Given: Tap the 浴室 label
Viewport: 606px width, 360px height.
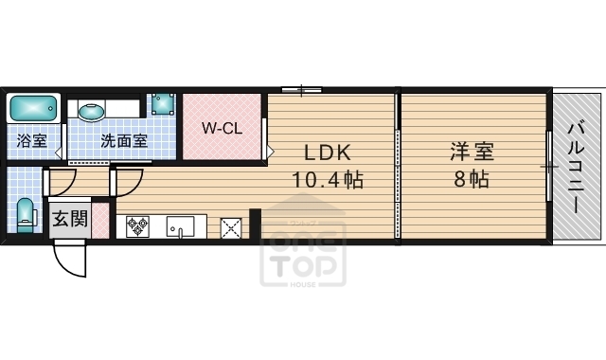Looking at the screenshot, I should pyautogui.click(x=32, y=141).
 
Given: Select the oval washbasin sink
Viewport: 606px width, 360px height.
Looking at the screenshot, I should pyautogui.click(x=92, y=112).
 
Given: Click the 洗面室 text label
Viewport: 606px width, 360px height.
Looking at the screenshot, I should pyautogui.click(x=124, y=141).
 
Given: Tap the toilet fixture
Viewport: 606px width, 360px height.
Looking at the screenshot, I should pyautogui.click(x=26, y=212).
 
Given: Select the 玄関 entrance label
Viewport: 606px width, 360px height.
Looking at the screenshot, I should pyautogui.click(x=69, y=220).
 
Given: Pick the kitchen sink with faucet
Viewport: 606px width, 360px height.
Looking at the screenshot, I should pyautogui.click(x=180, y=227).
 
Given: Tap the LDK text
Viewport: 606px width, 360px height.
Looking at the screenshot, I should pyautogui.click(x=327, y=153).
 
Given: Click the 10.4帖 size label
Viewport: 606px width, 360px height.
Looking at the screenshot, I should pyautogui.click(x=328, y=179).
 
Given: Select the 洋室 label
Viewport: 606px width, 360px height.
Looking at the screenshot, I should pyautogui.click(x=471, y=153).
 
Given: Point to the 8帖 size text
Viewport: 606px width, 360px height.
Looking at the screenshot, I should pyautogui.click(x=471, y=179).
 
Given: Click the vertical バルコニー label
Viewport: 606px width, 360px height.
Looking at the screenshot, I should pyautogui.click(x=577, y=167).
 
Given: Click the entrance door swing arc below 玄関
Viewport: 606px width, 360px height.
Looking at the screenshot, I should pyautogui.click(x=66, y=256).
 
